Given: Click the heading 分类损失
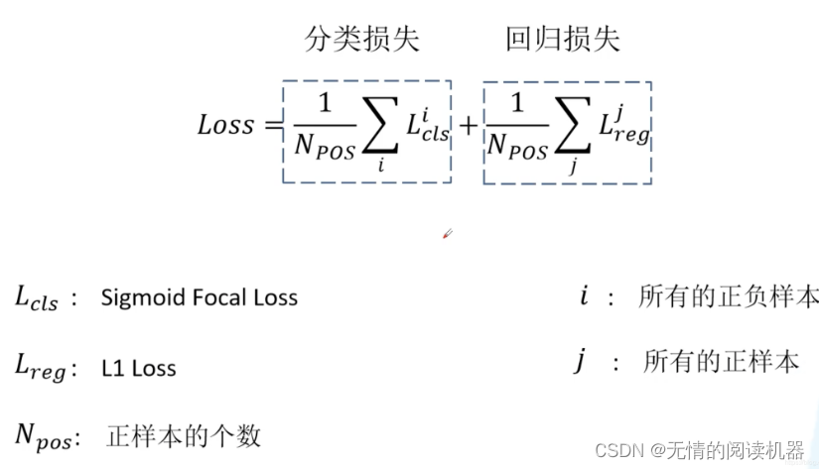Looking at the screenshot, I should (x=361, y=39).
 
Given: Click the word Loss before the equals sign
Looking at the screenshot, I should (x=225, y=126).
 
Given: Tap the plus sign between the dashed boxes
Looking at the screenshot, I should (x=468, y=126).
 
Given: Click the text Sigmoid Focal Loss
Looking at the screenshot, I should (x=199, y=296).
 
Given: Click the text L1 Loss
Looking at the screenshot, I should (x=138, y=369).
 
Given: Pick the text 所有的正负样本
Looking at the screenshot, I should (x=729, y=295).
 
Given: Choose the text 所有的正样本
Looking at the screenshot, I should (x=721, y=362).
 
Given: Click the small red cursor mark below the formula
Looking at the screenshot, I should (x=447, y=234).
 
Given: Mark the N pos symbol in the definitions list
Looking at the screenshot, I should (x=42, y=436).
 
